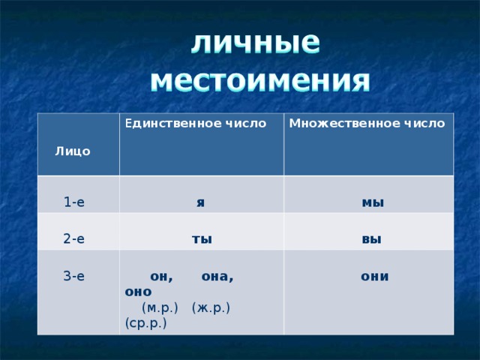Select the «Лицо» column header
(72, 151)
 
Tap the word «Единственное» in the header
(166, 123)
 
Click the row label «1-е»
(73, 202)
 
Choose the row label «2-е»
(73, 239)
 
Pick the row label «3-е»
(73, 276)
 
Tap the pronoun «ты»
(201, 239)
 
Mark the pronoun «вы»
(371, 239)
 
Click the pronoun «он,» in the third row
(161, 276)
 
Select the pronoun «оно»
(139, 291)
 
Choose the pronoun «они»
(374, 276)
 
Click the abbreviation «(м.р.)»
(159, 307)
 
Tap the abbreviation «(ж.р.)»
(211, 307)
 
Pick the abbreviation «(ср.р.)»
(146, 323)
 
